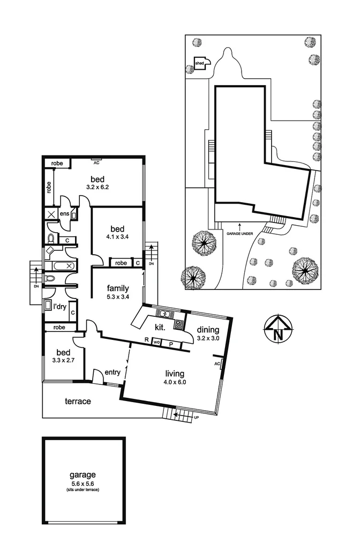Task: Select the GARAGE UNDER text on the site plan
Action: tap(239, 234)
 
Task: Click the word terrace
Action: tap(78, 401)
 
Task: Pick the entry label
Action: tap(112, 372)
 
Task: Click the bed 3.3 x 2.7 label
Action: tap(63, 356)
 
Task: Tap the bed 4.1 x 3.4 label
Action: tap(117, 231)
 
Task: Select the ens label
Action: tap(63, 214)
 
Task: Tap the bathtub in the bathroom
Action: tap(58, 265)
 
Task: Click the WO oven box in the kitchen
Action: tap(156, 342)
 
